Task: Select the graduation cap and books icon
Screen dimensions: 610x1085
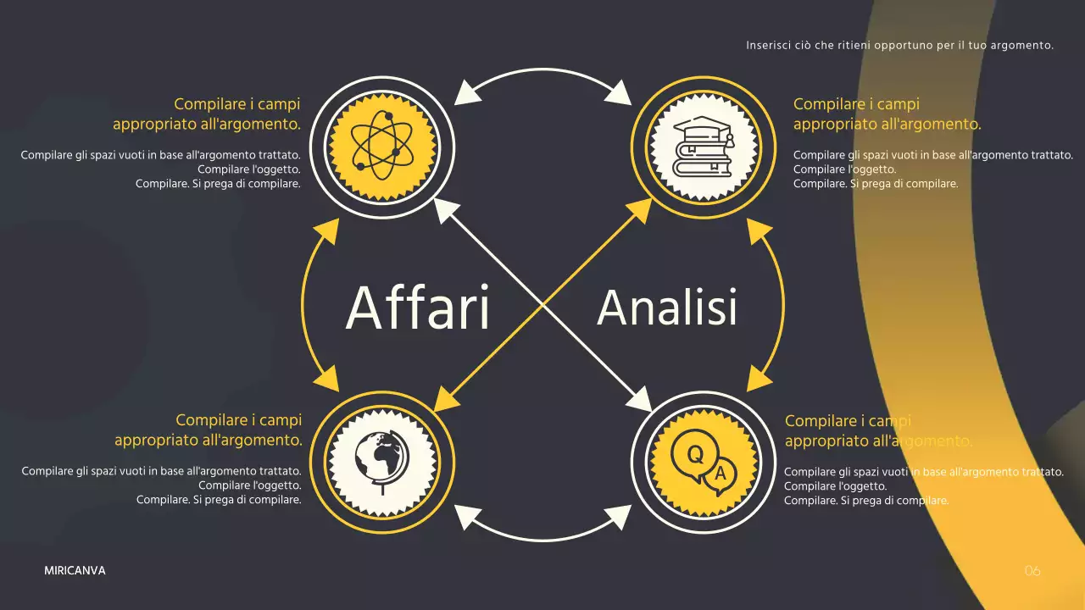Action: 702,146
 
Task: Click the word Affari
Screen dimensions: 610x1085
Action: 418,308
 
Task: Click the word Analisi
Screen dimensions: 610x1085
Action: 667,307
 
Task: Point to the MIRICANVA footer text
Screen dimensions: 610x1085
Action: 75,571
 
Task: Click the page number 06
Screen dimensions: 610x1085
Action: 1032,571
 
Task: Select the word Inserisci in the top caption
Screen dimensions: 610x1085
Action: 766,45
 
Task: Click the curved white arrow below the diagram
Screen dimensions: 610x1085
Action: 542,537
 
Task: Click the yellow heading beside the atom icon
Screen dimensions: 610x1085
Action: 207,114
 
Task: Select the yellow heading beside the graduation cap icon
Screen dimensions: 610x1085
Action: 887,114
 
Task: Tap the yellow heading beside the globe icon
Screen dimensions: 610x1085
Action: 209,430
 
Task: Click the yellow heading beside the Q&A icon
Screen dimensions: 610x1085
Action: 878,430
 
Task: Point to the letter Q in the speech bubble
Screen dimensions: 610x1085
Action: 694,455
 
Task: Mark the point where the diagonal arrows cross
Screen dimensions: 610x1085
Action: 542,303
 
